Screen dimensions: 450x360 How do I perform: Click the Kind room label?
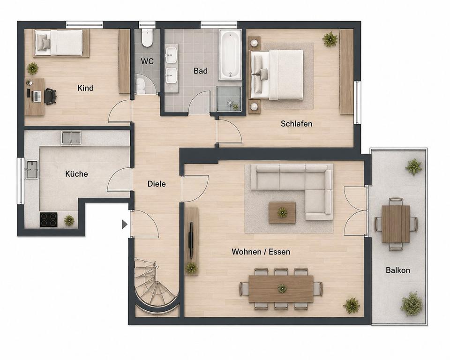pos(85,88)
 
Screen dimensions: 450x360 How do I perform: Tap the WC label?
pos(147,61)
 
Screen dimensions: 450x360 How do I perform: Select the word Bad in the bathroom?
pos(200,71)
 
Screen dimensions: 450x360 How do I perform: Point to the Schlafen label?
pos(296,124)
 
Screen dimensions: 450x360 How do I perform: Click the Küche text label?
pos(76,174)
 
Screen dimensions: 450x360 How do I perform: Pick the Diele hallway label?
pos(157,184)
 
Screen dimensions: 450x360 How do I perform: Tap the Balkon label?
pos(398,270)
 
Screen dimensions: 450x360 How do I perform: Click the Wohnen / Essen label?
pos(261,252)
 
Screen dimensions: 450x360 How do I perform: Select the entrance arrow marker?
pos(124,224)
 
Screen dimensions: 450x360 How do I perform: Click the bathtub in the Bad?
pos(230,54)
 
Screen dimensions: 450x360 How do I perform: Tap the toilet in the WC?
pos(147,37)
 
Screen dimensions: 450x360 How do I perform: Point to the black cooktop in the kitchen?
pos(48,220)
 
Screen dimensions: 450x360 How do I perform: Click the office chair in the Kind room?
pos(50,96)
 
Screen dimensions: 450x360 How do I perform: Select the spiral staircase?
pos(155,286)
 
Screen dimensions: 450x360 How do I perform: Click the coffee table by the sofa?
pos(282,212)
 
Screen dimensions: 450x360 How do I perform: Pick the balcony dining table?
pos(396,224)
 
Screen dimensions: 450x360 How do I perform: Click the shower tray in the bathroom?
pos(229,99)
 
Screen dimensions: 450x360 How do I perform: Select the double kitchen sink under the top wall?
pos(71,137)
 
